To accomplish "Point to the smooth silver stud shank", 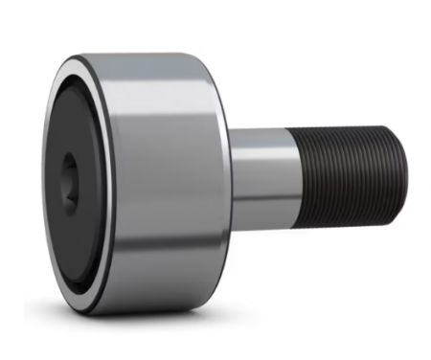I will [259, 182].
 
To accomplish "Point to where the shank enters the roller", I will [231, 182].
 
